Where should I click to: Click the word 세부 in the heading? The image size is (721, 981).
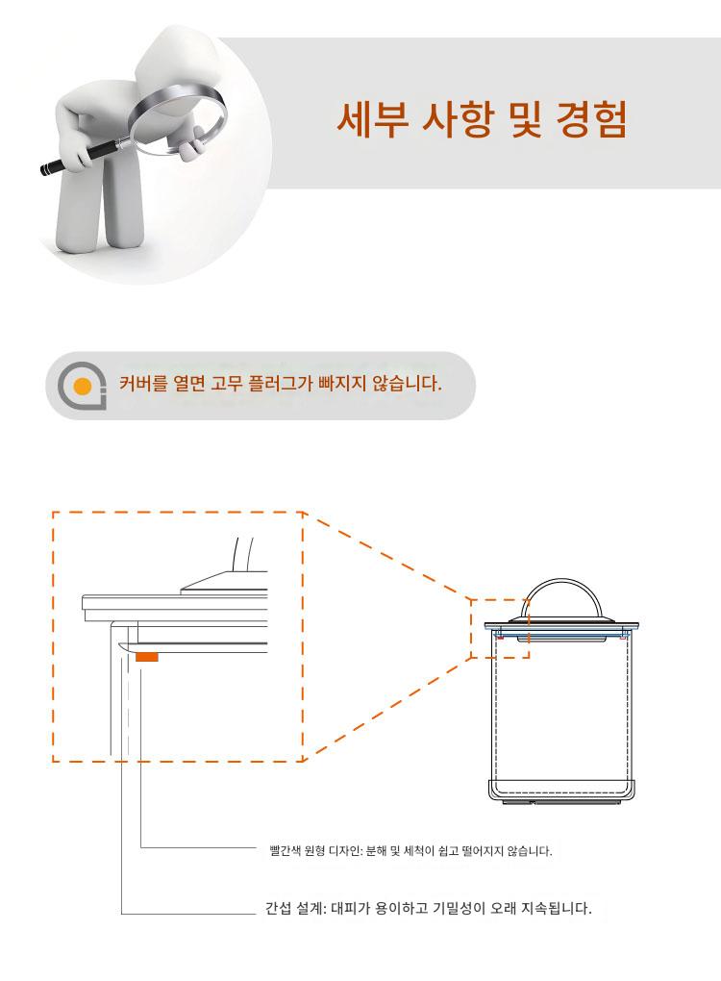click(x=373, y=118)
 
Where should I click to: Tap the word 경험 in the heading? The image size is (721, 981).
click(x=591, y=118)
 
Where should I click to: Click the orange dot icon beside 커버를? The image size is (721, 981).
click(x=83, y=387)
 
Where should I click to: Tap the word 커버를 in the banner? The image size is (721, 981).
click(x=143, y=383)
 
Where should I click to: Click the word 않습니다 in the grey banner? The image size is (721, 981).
click(x=407, y=383)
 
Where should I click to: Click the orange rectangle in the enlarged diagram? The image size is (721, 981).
click(x=147, y=656)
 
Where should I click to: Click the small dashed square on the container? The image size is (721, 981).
click(x=500, y=629)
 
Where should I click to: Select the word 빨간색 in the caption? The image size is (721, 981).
click(x=286, y=851)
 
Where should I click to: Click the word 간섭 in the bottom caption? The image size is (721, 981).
click(x=278, y=908)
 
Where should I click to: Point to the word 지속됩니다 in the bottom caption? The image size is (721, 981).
click(x=557, y=908)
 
